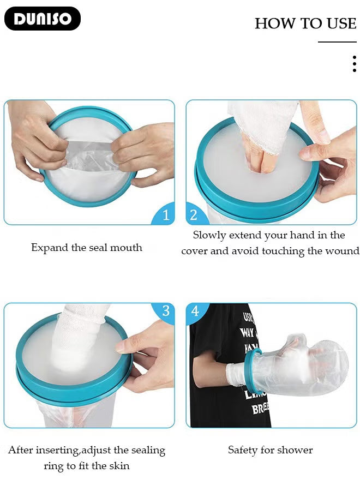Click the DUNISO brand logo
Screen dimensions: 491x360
click(42, 19)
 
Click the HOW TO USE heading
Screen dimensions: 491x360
click(305, 23)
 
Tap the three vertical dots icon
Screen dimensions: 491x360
click(354, 64)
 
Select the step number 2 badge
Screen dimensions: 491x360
click(194, 215)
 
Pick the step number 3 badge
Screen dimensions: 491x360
click(166, 311)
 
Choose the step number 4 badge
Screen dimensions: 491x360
click(195, 312)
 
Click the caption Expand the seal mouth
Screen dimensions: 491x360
click(87, 248)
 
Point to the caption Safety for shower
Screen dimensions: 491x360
click(270, 450)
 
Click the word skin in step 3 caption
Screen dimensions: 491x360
click(119, 466)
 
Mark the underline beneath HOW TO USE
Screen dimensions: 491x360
click(337, 42)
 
